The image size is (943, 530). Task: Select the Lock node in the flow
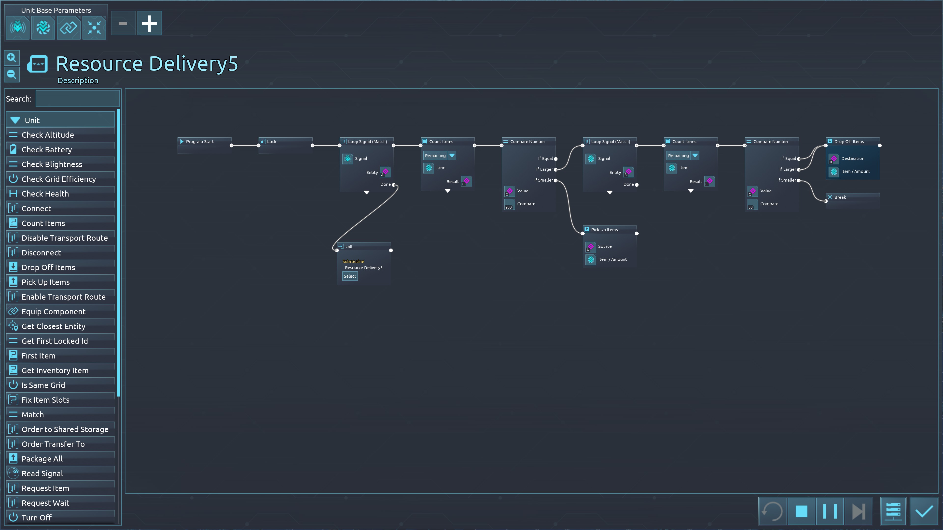(272, 142)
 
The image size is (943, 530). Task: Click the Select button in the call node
(350, 276)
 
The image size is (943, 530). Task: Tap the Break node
(840, 197)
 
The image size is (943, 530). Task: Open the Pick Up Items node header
(604, 230)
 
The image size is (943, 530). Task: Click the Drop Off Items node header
(849, 142)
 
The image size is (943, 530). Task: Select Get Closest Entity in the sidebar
(54, 326)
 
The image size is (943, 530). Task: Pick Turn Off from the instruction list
(37, 517)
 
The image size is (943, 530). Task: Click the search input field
(77, 99)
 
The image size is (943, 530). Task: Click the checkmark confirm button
(924, 511)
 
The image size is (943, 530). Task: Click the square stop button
(801, 511)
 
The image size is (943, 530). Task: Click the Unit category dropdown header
(60, 120)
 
